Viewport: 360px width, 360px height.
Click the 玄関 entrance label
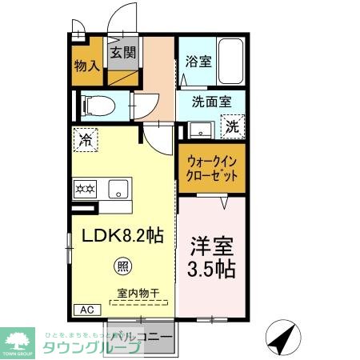pyautogui.click(x=122, y=54)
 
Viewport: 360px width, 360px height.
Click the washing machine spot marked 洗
pyautogui.click(x=231, y=126)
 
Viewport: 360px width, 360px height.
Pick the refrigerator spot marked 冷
pyautogui.click(x=85, y=139)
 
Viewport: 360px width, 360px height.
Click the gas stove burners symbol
pyautogui.click(x=86, y=190)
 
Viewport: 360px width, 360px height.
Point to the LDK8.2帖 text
pyautogui.click(x=121, y=236)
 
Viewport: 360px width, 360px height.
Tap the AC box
pyautogui.click(x=85, y=310)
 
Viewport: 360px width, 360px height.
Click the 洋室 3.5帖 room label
pyautogui.click(x=211, y=256)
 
